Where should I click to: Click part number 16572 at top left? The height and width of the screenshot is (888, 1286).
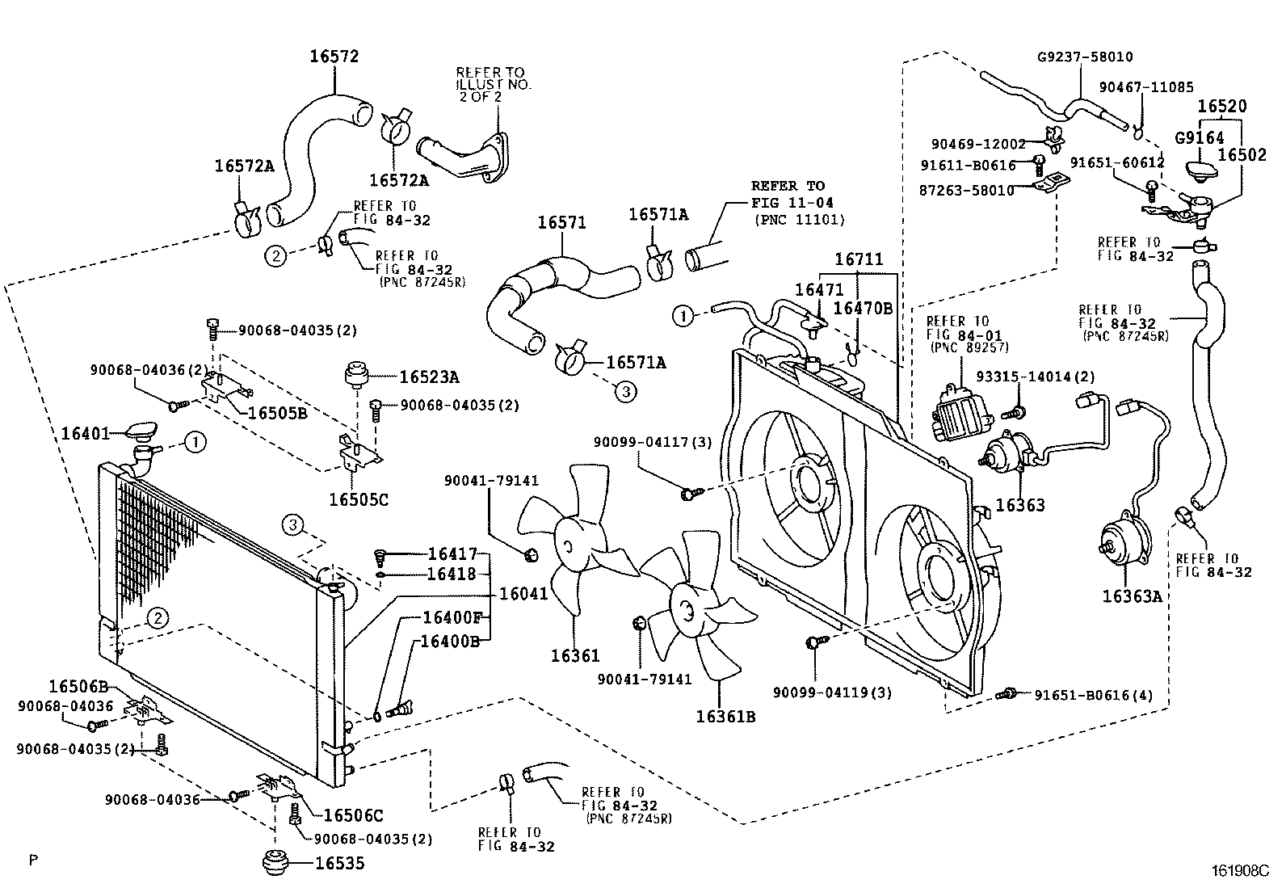[334, 57]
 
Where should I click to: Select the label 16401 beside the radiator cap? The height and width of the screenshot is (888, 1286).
[86, 434]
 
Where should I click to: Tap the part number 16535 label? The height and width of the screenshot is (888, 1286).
[339, 864]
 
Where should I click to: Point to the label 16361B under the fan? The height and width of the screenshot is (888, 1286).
[727, 716]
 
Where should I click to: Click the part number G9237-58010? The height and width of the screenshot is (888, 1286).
[1085, 57]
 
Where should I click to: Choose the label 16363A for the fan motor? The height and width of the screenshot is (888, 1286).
[1132, 596]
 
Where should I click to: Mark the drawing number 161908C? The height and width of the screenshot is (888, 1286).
[1240, 871]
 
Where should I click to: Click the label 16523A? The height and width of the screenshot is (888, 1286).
[429, 377]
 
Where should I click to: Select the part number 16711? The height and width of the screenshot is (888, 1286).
[859, 259]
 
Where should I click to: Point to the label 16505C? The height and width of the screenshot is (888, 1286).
[358, 499]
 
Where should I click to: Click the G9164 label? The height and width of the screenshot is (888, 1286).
[1199, 138]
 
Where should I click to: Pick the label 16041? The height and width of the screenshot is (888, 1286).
[523, 594]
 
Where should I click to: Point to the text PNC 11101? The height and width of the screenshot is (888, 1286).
[799, 219]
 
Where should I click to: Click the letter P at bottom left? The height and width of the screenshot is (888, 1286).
[33, 860]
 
